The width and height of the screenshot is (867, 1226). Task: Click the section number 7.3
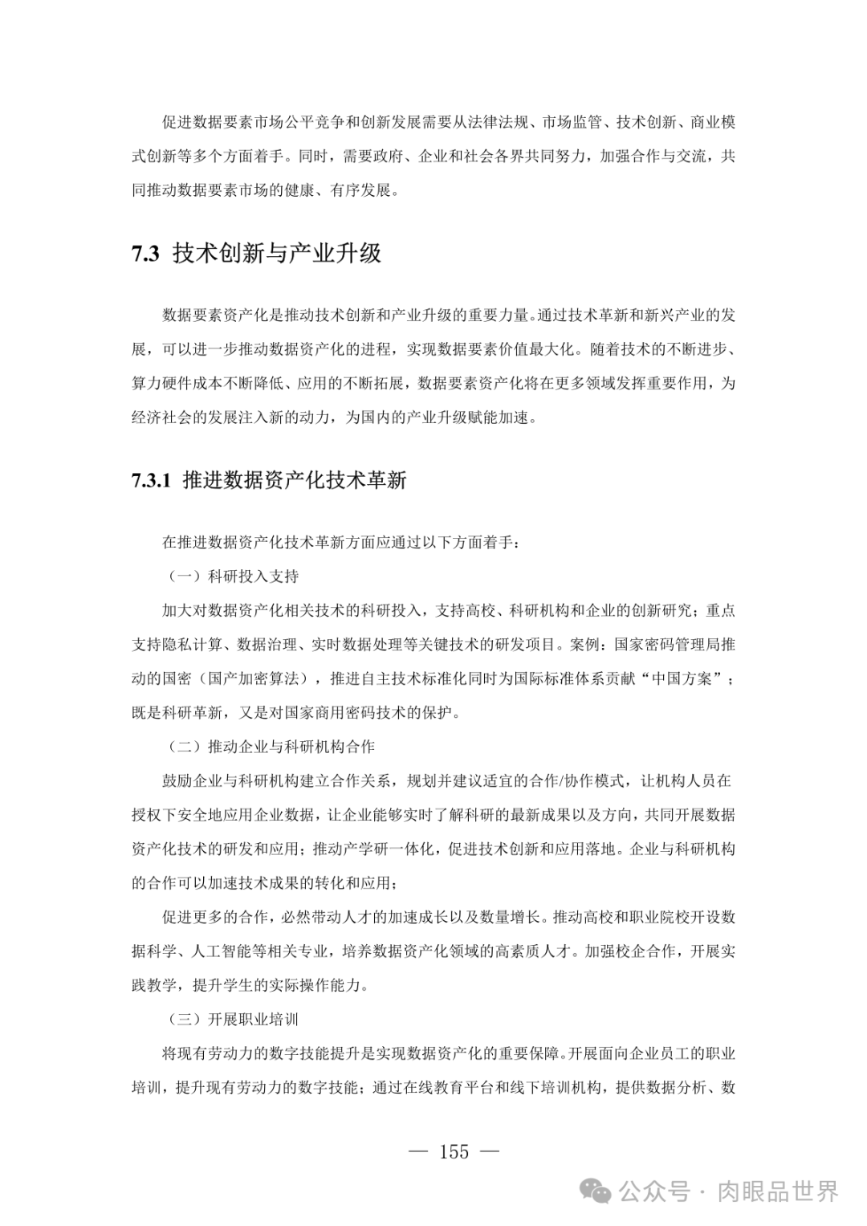point(146,255)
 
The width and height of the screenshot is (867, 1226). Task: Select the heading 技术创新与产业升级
point(277,255)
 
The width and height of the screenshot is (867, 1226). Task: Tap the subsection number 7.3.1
point(151,481)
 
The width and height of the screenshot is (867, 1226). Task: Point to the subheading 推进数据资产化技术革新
point(295,481)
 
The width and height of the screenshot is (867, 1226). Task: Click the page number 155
point(454,1152)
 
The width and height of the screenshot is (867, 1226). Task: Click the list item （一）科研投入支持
point(233,576)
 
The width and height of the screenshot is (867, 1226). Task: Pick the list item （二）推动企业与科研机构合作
point(271,747)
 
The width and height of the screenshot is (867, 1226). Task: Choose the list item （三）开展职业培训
point(233,1020)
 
